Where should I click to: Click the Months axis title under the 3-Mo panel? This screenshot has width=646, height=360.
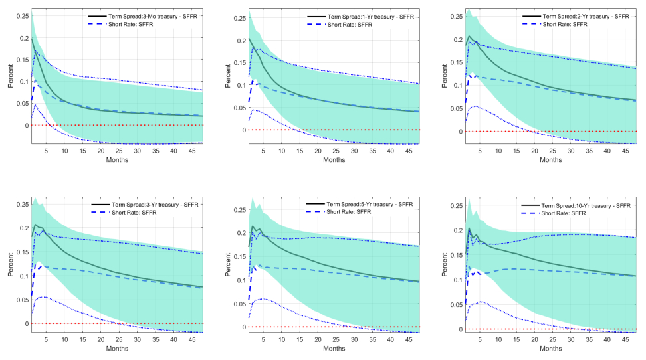pyautogui.click(x=117, y=159)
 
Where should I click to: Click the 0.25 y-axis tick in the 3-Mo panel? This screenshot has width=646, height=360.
pyautogui.click(x=21, y=15)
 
